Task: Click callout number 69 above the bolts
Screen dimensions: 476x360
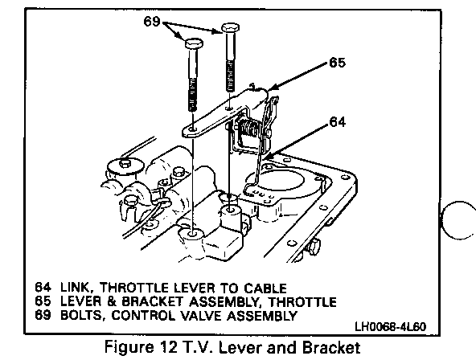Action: [152, 21]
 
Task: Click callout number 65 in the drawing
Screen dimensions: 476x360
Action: [337, 63]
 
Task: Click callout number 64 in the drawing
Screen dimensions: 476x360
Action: [337, 121]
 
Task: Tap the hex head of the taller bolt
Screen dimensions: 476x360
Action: [231, 28]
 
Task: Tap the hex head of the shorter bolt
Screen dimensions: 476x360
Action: [194, 43]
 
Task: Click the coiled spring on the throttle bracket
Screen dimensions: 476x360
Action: [249, 129]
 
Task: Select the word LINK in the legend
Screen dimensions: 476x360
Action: [75, 288]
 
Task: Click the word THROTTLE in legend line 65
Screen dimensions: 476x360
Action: [302, 302]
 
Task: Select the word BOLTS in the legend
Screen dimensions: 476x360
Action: [83, 316]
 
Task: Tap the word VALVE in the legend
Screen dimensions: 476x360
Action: [201, 316]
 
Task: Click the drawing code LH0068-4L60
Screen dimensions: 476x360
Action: [391, 326]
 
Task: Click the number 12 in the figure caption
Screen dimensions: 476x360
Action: [167, 347]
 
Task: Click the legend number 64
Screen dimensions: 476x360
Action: [43, 287]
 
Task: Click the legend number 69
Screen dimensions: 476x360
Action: [43, 315]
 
